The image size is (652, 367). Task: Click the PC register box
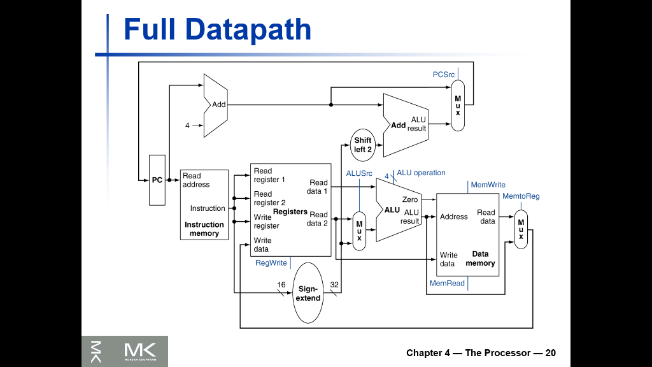tap(157, 180)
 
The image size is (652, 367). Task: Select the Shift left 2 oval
tap(363, 145)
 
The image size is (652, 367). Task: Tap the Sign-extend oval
tap(309, 293)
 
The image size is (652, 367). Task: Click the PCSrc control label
tap(444, 75)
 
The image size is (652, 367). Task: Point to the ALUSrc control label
tap(359, 173)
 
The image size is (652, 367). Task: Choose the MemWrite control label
tap(488, 185)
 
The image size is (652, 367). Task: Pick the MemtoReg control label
tap(521, 196)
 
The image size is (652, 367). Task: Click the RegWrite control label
tap(271, 263)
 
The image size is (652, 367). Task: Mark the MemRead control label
tap(447, 283)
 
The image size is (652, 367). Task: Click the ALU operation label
tap(421, 173)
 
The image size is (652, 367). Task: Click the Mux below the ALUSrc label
tap(359, 231)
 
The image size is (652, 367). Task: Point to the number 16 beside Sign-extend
tap(281, 284)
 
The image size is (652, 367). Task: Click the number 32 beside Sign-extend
tap(334, 284)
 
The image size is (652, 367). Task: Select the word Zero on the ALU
tap(410, 199)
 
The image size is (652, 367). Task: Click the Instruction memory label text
tap(204, 229)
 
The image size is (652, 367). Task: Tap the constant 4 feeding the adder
tap(187, 126)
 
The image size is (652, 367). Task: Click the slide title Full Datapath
tap(217, 30)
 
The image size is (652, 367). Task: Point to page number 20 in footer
tap(550, 353)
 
